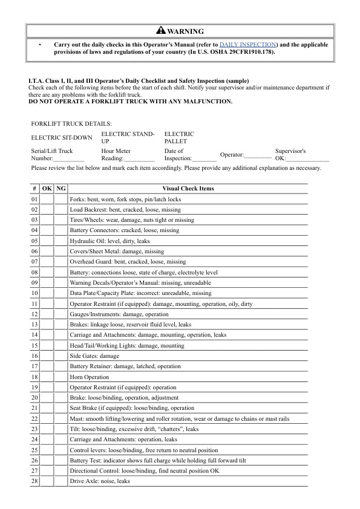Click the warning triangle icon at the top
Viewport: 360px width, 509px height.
coord(160,31)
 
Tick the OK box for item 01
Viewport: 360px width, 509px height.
coord(47,199)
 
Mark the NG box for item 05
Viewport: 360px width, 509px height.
coord(61,241)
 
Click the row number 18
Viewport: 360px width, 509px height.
coord(34,377)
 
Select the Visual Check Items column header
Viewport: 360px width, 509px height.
coord(188,189)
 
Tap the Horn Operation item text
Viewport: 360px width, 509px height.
coord(90,377)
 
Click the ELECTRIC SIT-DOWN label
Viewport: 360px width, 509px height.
coord(62,137)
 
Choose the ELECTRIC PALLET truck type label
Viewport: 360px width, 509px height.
coord(179,137)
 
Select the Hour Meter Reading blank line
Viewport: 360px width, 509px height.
coord(139,160)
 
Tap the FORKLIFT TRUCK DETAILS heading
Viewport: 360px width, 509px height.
coord(71,123)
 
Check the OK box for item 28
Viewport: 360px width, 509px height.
coord(47,481)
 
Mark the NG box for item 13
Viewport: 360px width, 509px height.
coord(61,325)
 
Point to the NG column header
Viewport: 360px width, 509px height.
coord(61,189)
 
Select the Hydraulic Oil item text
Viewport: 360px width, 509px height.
coord(110,241)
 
